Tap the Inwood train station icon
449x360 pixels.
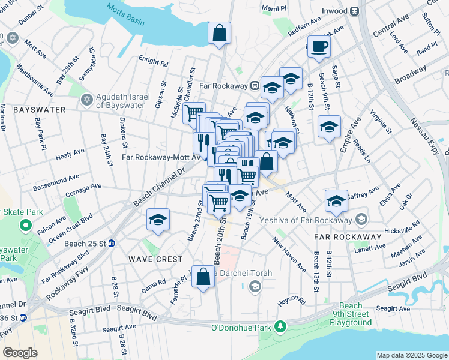pyautogui.click(x=355, y=11)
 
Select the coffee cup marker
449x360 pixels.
pyautogui.click(x=318, y=47)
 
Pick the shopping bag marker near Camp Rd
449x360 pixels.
pyautogui.click(x=203, y=277)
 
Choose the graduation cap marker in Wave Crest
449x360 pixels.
pyautogui.click(x=158, y=220)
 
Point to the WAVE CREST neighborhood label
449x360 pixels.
pyautogui.click(x=155, y=259)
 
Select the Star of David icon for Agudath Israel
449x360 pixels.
pyautogui.click(x=87, y=99)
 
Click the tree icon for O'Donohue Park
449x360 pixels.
pyautogui.click(x=279, y=326)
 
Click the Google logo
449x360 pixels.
pyautogui.click(x=20, y=352)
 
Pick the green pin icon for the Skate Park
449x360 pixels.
pyautogui.click(x=25, y=226)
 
